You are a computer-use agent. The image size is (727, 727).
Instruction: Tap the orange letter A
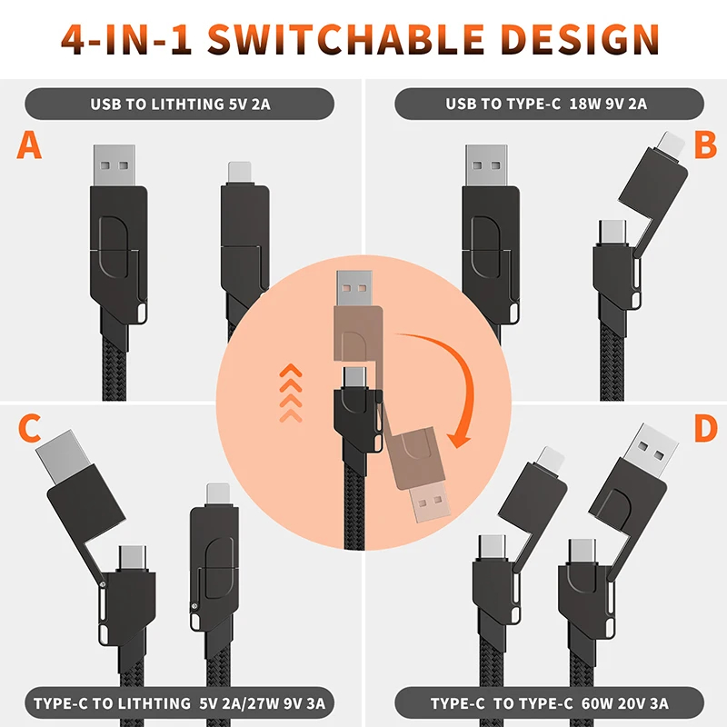coord(30,144)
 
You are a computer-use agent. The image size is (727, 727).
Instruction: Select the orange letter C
coord(30,429)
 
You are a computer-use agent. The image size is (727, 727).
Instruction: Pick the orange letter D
coord(703,429)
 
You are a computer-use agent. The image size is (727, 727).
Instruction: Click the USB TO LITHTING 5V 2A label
coord(180,104)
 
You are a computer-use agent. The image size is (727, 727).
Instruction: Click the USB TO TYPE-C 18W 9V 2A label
coord(546,104)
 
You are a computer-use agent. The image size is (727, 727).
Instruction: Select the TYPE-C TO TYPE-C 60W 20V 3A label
coord(550,703)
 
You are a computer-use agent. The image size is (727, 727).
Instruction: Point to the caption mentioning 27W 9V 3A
coord(180,703)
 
